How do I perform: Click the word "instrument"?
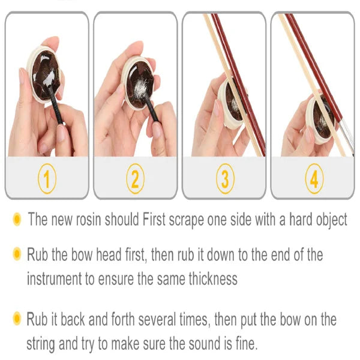tap(57, 278)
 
